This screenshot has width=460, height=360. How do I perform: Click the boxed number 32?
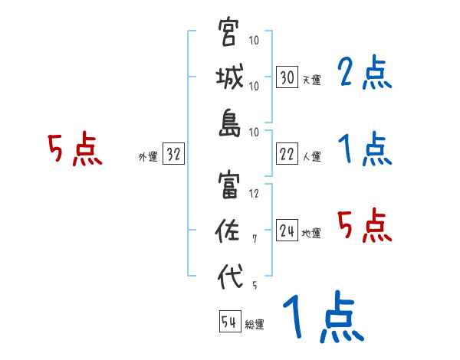(173, 155)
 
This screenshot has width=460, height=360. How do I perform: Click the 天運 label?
(310, 80)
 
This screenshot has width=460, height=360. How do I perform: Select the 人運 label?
(310, 156)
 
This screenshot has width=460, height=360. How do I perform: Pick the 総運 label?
(254, 325)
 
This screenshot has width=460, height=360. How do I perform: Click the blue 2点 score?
(364, 74)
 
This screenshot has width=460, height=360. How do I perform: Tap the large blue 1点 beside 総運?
(323, 318)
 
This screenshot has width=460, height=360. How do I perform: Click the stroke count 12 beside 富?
(255, 194)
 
